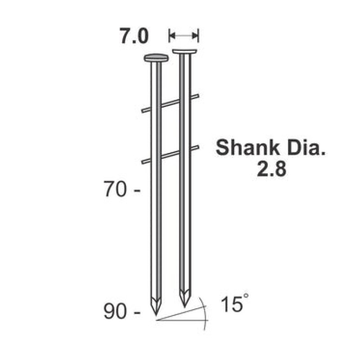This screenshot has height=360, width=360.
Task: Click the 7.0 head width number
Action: tap(134, 36)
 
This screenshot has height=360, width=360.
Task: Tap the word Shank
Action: tap(248, 148)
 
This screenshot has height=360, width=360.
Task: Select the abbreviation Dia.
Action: tap(306, 148)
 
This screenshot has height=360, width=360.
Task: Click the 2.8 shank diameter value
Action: tap(271, 169)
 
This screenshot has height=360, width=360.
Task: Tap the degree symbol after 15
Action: tap(245, 295)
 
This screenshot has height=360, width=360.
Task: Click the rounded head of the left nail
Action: tap(156, 58)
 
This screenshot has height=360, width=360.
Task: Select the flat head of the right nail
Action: tap(185, 51)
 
